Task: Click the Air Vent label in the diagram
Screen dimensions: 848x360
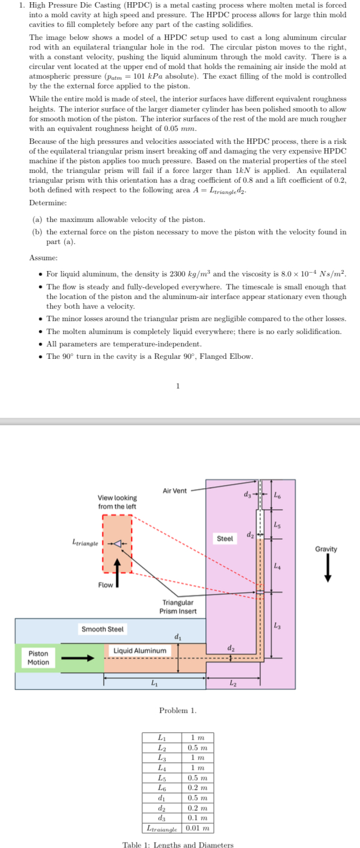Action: point(175,491)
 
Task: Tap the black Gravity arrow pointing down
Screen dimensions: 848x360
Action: point(327,569)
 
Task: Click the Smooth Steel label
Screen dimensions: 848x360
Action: point(102,629)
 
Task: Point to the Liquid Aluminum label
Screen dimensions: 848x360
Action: point(140,650)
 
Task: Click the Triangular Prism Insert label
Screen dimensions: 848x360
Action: point(178,607)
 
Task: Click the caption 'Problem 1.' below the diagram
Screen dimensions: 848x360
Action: point(178,710)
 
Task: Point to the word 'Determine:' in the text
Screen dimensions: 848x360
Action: point(48,203)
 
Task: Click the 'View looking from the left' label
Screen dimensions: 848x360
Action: point(117,502)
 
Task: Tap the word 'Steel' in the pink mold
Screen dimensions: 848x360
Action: point(225,538)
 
